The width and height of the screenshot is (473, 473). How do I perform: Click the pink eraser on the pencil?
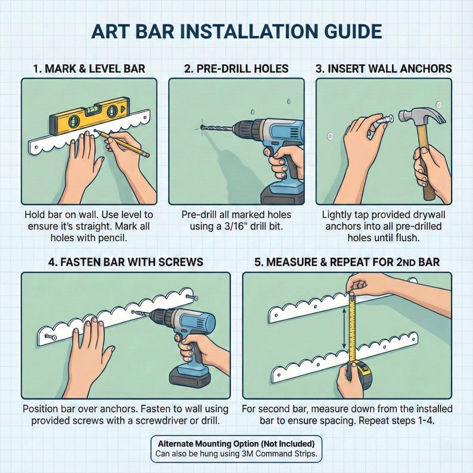(146, 154)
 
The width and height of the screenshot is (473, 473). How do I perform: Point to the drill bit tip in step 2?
(202, 128)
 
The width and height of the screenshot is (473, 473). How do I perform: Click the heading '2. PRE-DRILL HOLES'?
(236, 69)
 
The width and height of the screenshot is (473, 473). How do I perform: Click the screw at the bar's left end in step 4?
(51, 337)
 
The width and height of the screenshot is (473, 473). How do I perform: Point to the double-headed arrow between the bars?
(343, 328)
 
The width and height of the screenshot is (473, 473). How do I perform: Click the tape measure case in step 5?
(360, 374)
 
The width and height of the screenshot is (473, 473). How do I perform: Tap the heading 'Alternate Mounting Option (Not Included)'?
(236, 444)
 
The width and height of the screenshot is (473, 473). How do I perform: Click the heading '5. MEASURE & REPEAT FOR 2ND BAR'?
(347, 262)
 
